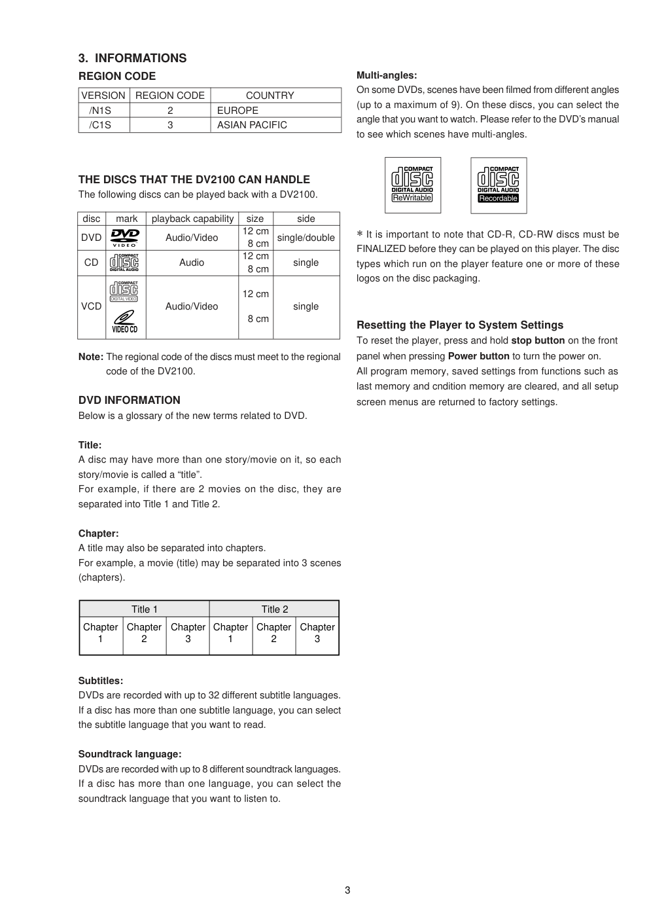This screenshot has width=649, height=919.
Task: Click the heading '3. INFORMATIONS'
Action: coord(132,58)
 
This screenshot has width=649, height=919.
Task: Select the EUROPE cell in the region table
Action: coord(237,111)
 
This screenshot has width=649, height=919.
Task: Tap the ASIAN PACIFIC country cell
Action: coord(252,125)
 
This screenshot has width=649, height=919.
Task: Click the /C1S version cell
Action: coord(100,125)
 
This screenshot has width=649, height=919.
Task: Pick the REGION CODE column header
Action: coord(170,96)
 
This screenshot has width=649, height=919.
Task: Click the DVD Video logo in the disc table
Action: coord(125,238)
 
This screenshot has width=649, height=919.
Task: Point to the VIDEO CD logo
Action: coord(124,321)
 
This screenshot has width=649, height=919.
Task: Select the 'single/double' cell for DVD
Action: coord(306,238)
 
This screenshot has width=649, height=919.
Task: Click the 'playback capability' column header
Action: coord(192,219)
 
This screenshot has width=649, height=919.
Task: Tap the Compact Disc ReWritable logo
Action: coord(412,185)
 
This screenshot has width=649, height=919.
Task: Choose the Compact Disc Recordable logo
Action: coord(498,185)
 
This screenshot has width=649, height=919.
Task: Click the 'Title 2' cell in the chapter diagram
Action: coord(275,609)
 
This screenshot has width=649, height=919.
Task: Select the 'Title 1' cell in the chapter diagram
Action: coord(145,609)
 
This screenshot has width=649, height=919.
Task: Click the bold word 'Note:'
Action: coord(91,357)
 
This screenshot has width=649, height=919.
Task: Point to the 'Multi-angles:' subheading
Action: coord(387,75)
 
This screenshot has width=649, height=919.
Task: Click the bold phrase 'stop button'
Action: coord(538,340)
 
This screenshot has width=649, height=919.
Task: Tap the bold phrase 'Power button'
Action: coord(478,356)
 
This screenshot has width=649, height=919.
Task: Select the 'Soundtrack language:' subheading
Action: coord(130,754)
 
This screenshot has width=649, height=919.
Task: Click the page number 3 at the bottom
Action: coord(347,890)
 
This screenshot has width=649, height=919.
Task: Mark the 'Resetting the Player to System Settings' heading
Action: coord(460,325)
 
